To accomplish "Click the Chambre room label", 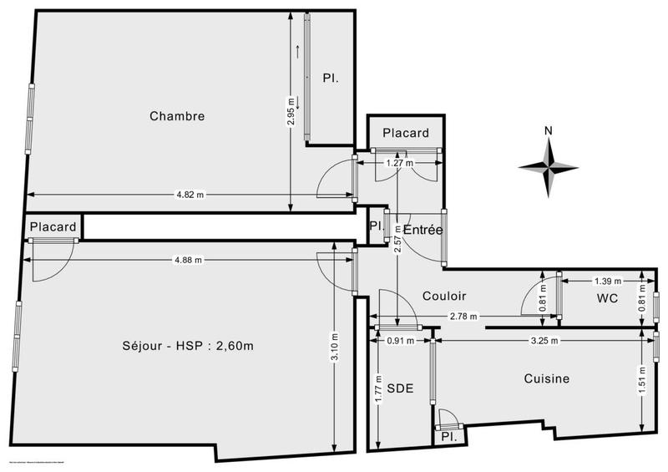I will pyautogui.click(x=177, y=116).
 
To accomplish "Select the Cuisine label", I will pyautogui.click(x=546, y=378).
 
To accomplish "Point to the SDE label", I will pyautogui.click(x=399, y=388).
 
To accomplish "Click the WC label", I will pyautogui.click(x=606, y=298).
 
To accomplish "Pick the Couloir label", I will pyautogui.click(x=444, y=296).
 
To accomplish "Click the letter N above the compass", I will pyautogui.click(x=549, y=130).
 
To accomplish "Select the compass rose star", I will pyautogui.click(x=549, y=167).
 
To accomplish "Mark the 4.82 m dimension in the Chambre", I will pyautogui.click(x=190, y=195).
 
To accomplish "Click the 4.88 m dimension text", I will pyautogui.click(x=188, y=260).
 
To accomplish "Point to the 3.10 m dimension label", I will pyautogui.click(x=334, y=346).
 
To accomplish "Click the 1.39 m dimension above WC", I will pyautogui.click(x=606, y=281).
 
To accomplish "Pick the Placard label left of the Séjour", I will pyautogui.click(x=53, y=226).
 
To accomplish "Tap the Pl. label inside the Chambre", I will pyautogui.click(x=331, y=78).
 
